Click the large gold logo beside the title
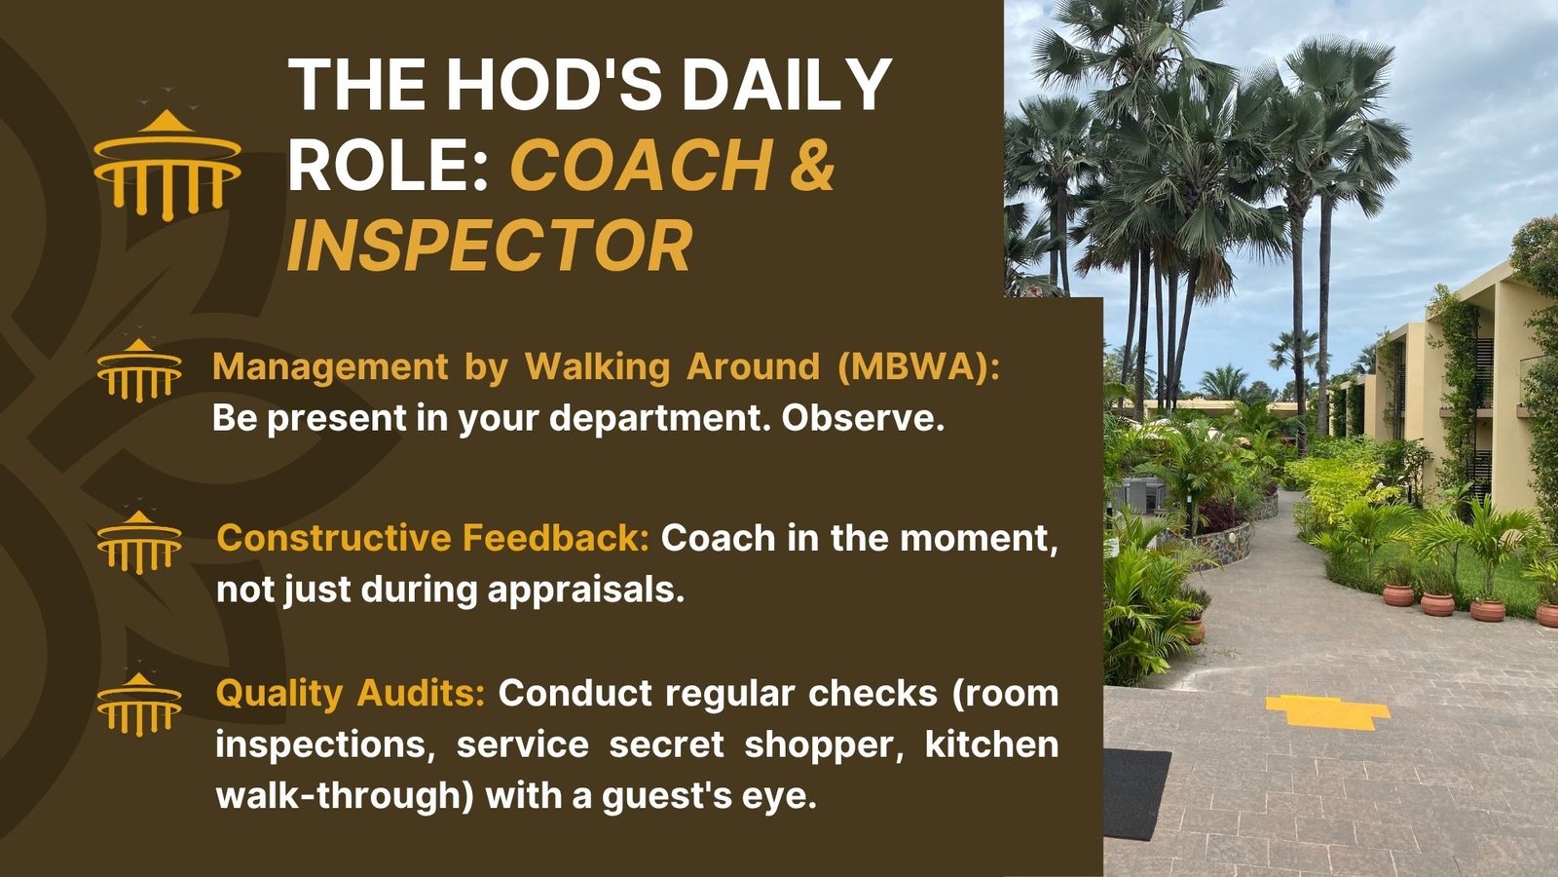[x=167, y=165]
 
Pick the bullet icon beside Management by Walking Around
[x=139, y=370]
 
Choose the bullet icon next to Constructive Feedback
[x=139, y=542]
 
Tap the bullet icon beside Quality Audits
[x=139, y=705]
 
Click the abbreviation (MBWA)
[x=919, y=366]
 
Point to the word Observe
[x=863, y=418]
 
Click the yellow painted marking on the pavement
[x=1327, y=711]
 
